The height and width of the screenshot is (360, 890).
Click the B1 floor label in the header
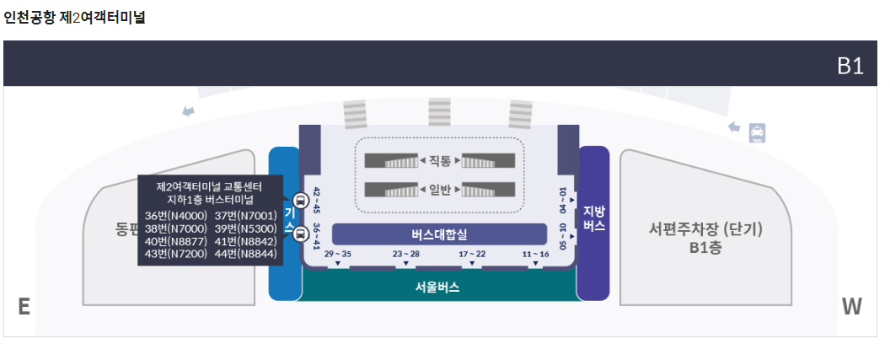(x=850, y=67)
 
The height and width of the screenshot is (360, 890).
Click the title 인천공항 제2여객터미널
(x=75, y=17)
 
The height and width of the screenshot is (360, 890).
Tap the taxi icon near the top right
(x=758, y=132)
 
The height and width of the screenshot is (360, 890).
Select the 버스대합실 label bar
(x=439, y=234)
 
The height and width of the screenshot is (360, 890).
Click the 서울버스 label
(x=437, y=287)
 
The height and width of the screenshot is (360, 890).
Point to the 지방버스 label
(x=594, y=218)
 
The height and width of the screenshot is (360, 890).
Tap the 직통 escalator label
(x=440, y=160)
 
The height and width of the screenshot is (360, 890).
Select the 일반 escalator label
(x=440, y=189)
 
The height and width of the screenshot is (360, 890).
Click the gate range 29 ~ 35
(x=337, y=254)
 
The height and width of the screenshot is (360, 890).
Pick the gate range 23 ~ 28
(x=405, y=254)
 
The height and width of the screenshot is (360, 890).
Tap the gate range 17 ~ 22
(x=472, y=254)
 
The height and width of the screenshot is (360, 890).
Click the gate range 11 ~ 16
(x=535, y=254)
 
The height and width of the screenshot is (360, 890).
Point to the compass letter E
(x=24, y=307)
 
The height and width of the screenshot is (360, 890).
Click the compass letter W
(x=851, y=307)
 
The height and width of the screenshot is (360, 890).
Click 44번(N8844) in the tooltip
(x=245, y=254)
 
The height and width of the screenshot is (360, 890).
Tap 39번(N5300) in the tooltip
(x=245, y=228)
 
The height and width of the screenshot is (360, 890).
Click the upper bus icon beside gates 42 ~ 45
(x=299, y=201)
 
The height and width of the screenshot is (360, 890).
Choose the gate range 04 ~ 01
(x=563, y=198)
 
